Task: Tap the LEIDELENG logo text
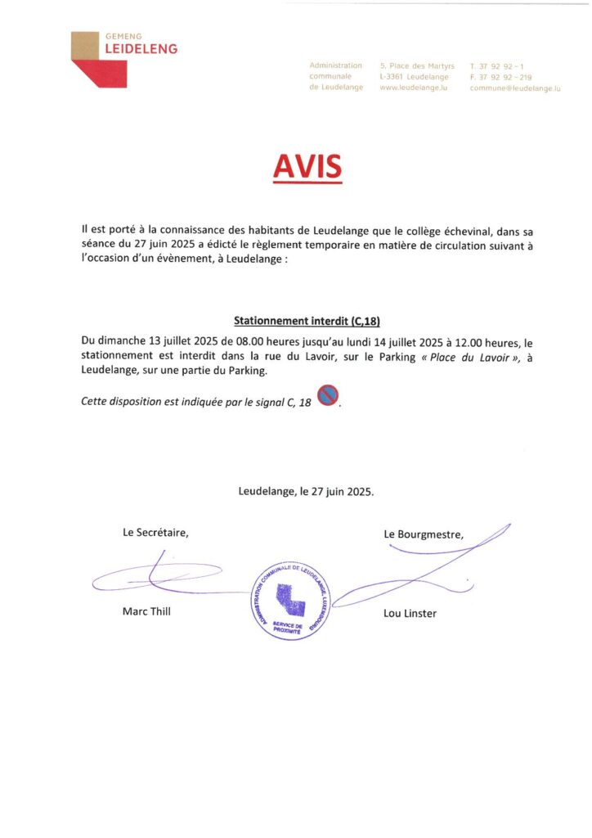141,49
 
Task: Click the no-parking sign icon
328,395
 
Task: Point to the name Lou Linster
410,613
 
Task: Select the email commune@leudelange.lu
515,88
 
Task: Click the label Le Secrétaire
155,533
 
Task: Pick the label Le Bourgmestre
424,534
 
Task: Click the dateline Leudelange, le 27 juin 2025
307,492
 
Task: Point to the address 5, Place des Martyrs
417,65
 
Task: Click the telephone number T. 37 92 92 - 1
497,65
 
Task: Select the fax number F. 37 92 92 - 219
500,76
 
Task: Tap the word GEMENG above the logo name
124,36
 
